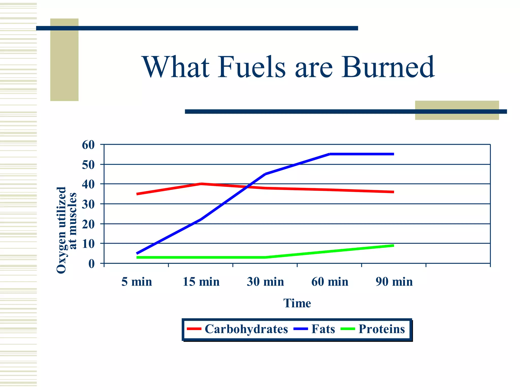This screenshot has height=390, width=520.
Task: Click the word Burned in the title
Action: click(388, 67)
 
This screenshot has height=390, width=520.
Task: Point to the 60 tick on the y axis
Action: click(88, 145)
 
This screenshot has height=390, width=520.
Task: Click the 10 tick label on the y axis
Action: click(88, 244)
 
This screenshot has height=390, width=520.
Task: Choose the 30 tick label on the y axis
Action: click(88, 204)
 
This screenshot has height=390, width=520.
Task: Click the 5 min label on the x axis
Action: click(137, 282)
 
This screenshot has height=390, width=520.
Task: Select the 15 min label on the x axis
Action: click(201, 282)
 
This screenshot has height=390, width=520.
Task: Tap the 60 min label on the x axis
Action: click(330, 282)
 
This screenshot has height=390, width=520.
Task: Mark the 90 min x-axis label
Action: click(394, 282)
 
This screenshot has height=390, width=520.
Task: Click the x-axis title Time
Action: click(297, 303)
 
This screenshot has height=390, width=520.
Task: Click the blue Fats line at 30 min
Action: click(265, 174)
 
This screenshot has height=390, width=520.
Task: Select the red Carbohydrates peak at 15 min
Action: click(201, 184)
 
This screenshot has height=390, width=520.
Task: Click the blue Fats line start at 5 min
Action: click(137, 253)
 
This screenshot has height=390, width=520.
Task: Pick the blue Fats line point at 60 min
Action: click(330, 154)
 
